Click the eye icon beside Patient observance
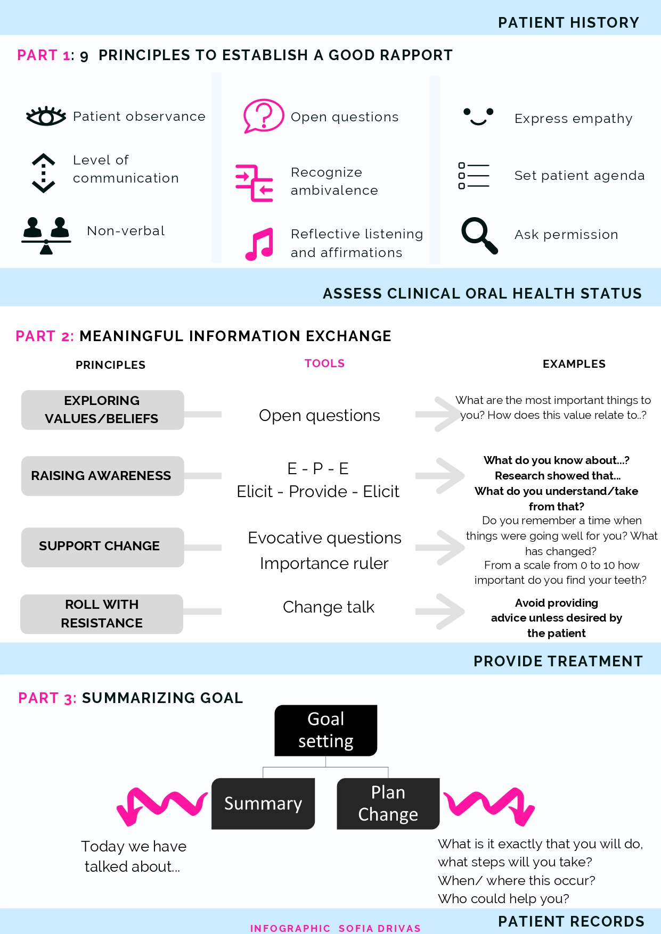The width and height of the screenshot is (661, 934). click(46, 116)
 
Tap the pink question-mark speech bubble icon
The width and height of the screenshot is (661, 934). click(263, 115)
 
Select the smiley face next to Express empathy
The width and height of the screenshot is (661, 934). click(478, 117)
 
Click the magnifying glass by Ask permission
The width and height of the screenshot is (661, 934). click(479, 235)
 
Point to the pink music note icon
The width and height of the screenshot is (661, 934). click(259, 244)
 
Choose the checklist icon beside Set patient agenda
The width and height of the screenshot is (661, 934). click(474, 176)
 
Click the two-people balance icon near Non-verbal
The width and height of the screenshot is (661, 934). click(46, 235)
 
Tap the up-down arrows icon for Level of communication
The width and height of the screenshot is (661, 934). click(44, 173)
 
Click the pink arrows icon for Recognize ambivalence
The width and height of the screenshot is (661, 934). click(254, 183)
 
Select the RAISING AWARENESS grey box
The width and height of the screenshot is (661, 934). click(102, 476)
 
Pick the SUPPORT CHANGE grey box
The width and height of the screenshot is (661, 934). click(102, 547)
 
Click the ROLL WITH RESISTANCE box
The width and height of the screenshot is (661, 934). click(102, 614)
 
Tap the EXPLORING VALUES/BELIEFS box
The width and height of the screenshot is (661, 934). click(102, 410)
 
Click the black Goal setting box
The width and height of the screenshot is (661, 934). click(326, 730)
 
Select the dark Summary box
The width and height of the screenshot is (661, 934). click(263, 804)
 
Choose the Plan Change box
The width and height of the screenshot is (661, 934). click(388, 804)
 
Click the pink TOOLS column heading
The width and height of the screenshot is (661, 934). click(324, 363)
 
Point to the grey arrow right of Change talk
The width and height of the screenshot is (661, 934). click(440, 611)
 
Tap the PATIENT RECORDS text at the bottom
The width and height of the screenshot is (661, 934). click(571, 921)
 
